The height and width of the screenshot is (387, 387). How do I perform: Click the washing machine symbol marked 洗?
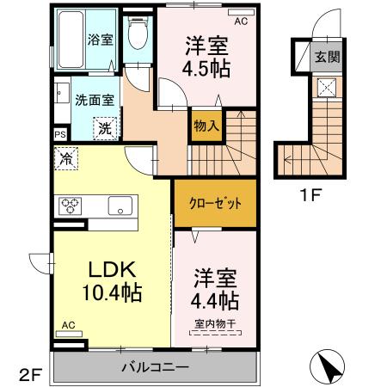[102, 128]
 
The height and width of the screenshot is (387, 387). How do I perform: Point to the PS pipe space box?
[59, 135]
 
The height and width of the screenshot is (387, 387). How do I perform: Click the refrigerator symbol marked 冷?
[66, 157]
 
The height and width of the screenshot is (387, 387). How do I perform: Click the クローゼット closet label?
[215, 202]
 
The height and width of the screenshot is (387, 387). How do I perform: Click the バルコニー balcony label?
[155, 367]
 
